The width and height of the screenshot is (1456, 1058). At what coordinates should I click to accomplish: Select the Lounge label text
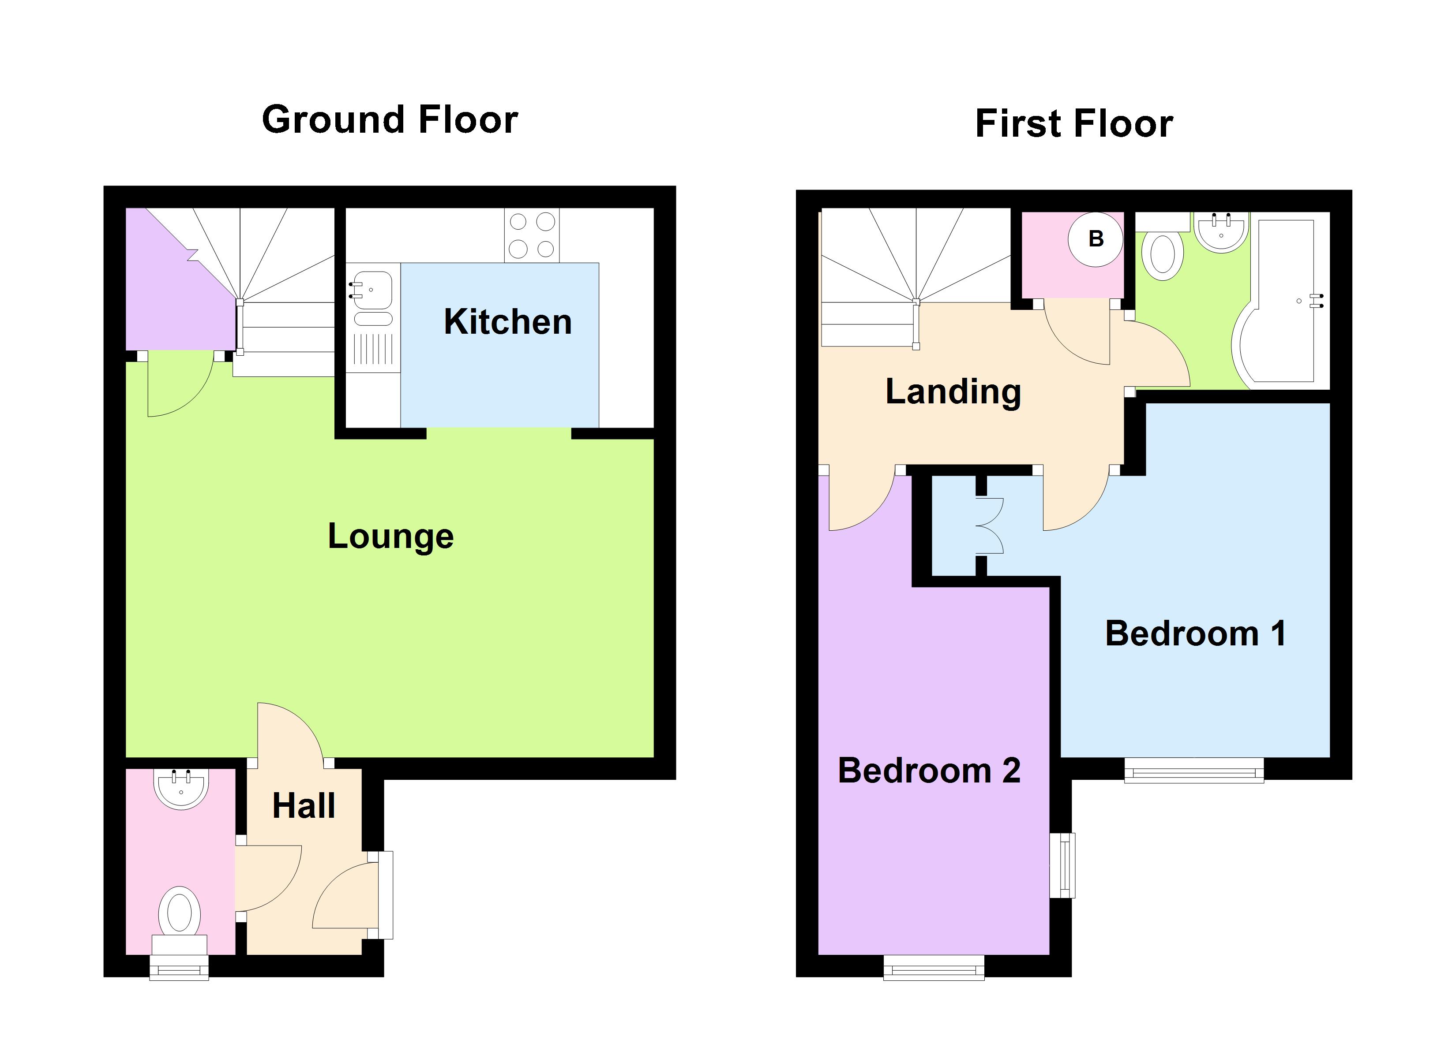(x=390, y=536)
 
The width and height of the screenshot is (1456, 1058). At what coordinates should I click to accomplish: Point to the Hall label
(x=304, y=805)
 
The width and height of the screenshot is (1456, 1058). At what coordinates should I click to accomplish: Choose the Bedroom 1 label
(x=1195, y=633)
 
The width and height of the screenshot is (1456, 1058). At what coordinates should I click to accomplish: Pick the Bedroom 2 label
(x=929, y=771)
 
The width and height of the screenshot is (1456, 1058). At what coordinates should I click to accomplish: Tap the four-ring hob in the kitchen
(x=532, y=235)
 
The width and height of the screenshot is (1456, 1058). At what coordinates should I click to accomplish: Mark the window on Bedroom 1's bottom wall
(x=1194, y=770)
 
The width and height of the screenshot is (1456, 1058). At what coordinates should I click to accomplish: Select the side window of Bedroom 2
(x=1062, y=865)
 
